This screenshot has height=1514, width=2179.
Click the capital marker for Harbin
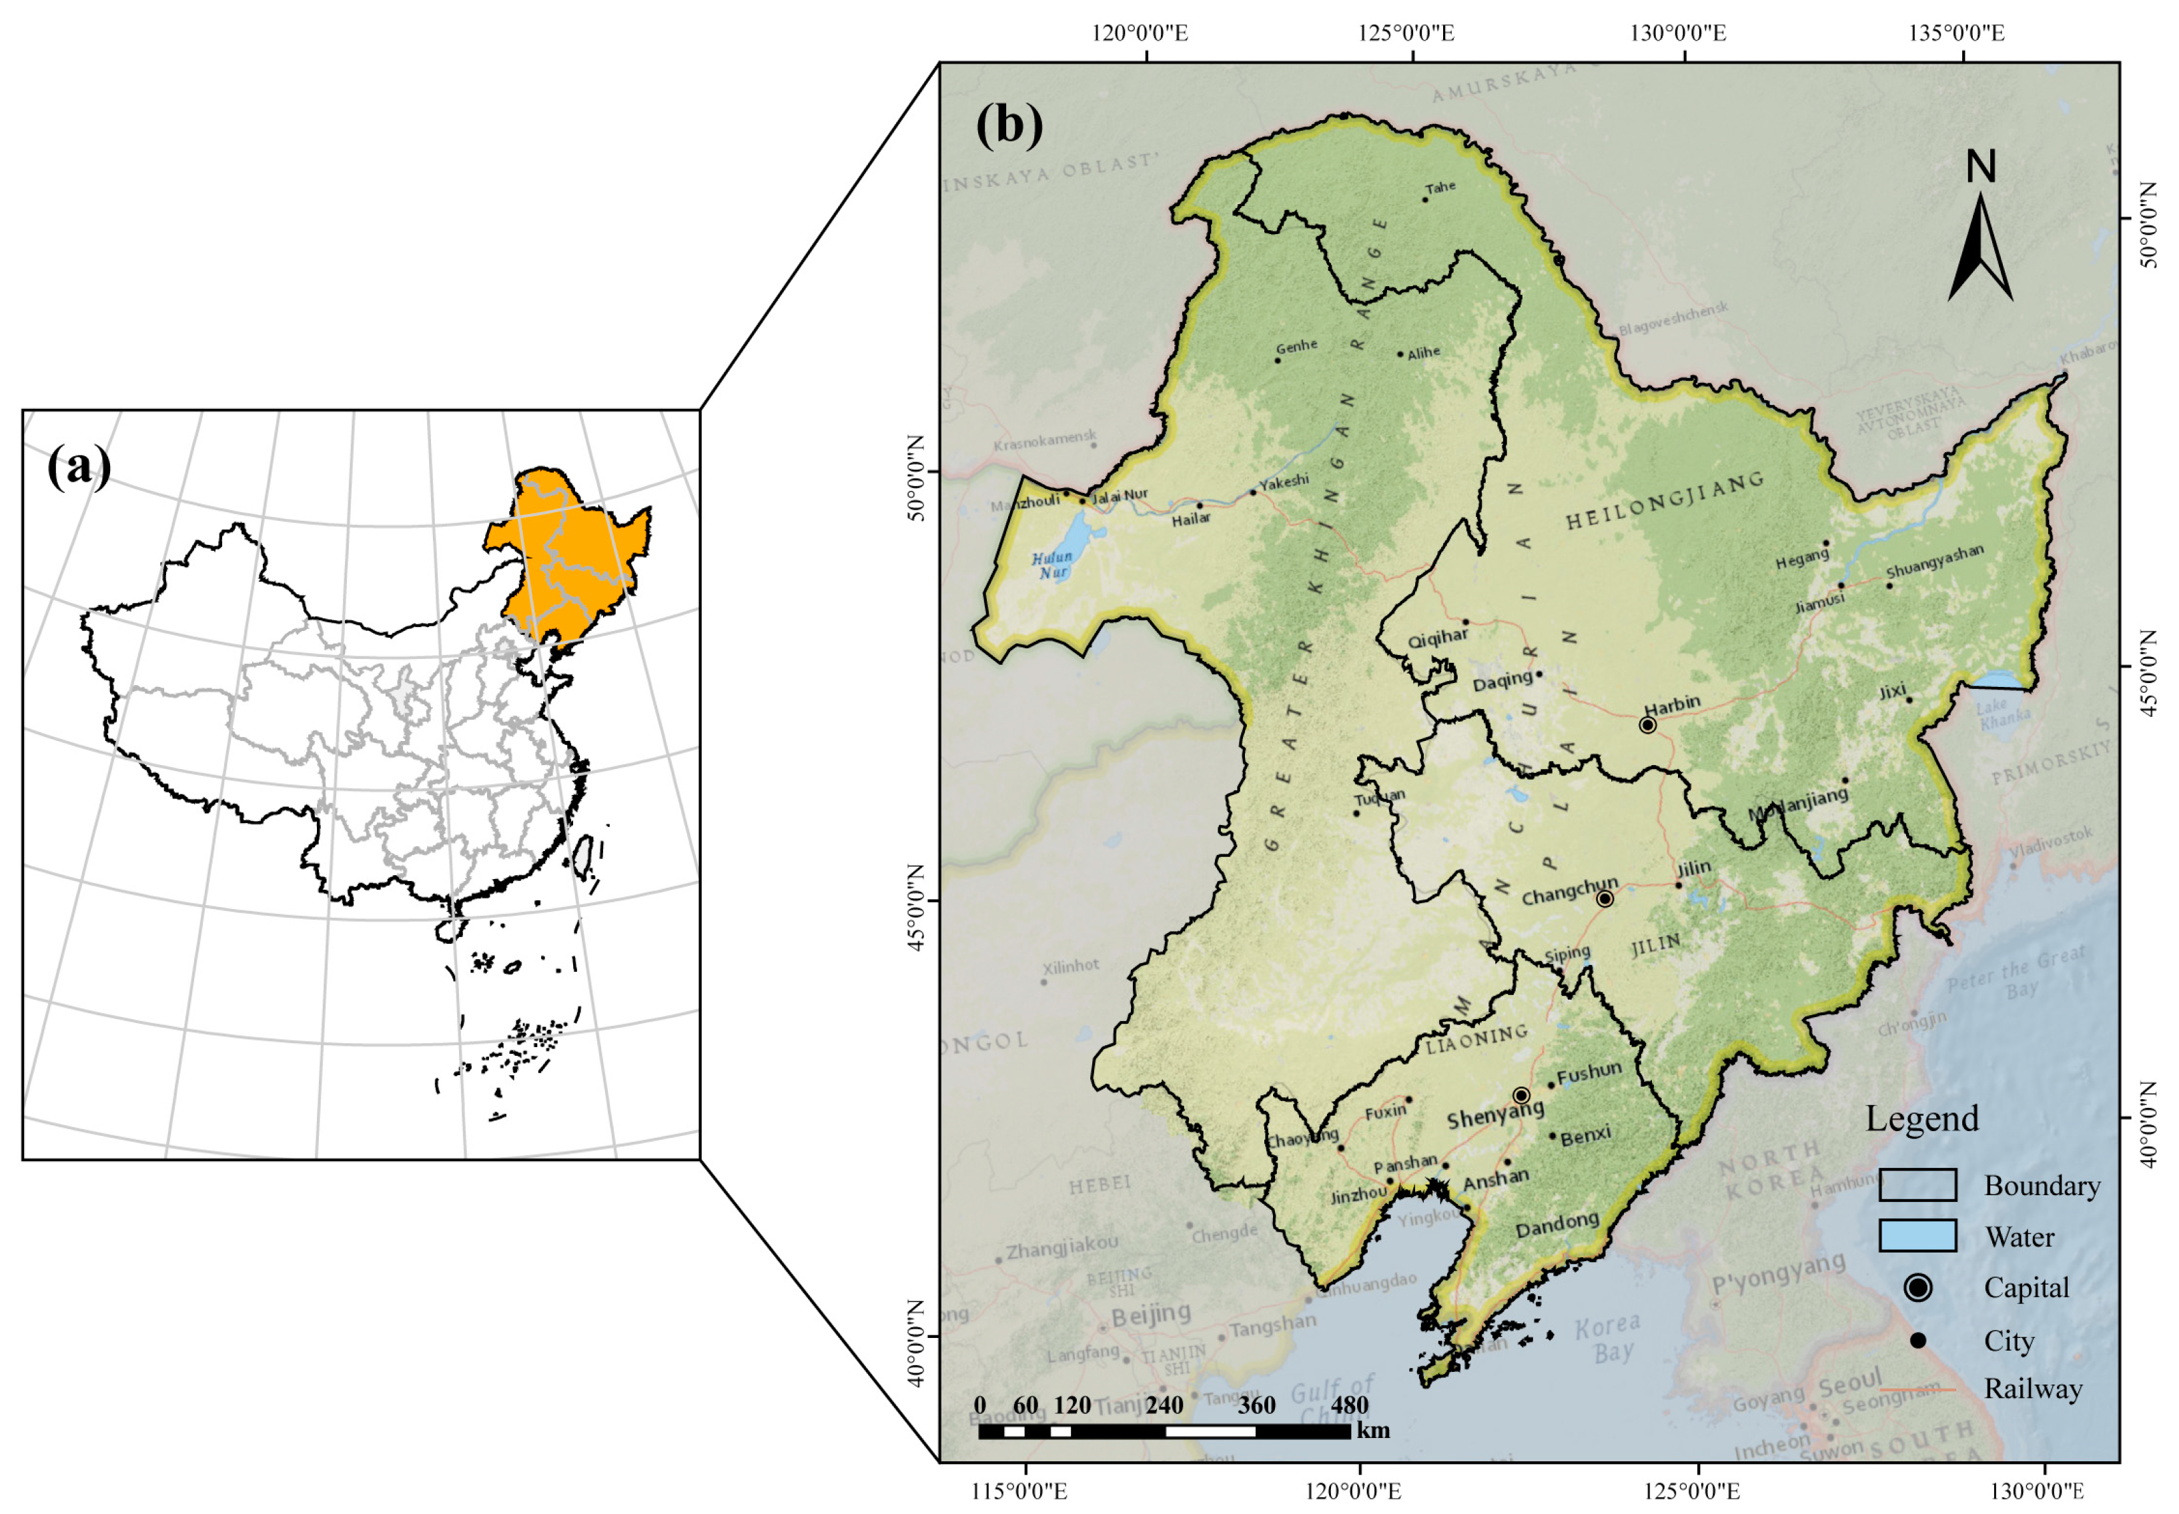[1647, 726]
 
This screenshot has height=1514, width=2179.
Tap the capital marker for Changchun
[1605, 898]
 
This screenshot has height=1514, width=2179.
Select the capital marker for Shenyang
[1521, 1094]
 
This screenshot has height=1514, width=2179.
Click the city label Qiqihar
[1437, 638]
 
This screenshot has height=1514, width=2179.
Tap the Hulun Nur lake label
[1051, 566]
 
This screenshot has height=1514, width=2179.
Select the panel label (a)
[79, 467]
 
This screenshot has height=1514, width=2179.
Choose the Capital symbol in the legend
[1918, 1287]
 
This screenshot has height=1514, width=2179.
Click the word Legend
[1922, 1118]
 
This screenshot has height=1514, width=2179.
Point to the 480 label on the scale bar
[1348, 1405]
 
